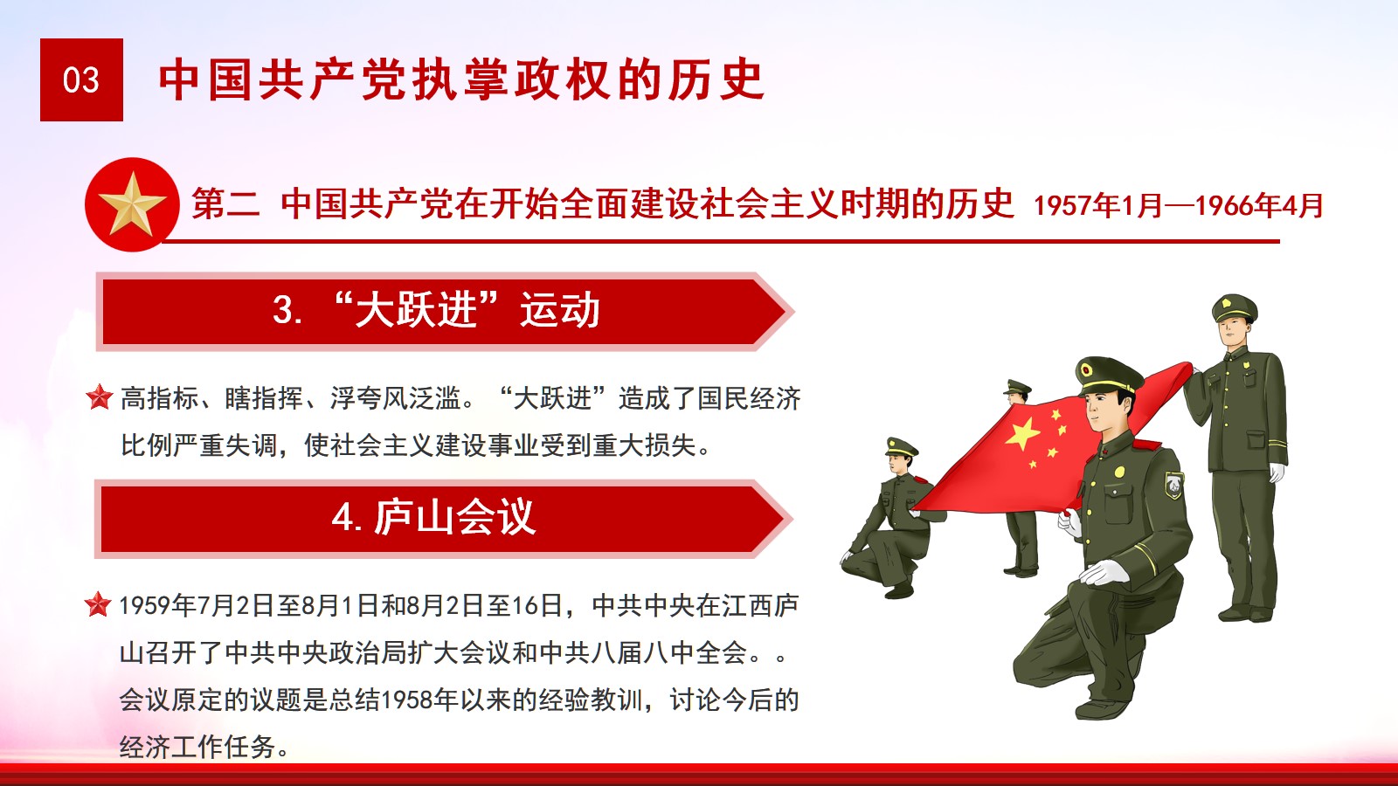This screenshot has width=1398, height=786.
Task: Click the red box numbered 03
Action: (81, 79)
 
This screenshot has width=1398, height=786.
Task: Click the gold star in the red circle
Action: (132, 204)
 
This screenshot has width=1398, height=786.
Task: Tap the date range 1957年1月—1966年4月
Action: (1179, 205)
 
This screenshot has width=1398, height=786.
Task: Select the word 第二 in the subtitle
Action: (225, 204)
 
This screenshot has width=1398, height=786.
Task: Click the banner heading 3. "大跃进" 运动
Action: (436, 309)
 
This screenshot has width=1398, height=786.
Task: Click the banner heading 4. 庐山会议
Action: (433, 517)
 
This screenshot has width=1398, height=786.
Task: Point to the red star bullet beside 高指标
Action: (100, 396)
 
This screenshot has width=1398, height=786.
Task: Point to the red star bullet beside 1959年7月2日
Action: (98, 603)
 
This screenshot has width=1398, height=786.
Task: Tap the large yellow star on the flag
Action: (1022, 433)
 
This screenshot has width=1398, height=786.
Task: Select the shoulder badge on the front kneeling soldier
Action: (1173, 485)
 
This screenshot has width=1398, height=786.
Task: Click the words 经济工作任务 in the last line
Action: (197, 747)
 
